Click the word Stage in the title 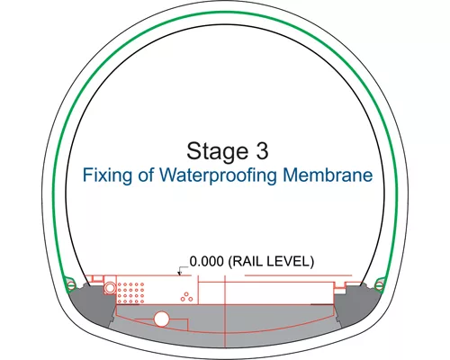tap(218, 151)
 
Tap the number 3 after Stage tap(262, 150)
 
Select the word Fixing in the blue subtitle tap(107, 175)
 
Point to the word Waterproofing tap(218, 175)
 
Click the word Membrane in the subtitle tap(328, 175)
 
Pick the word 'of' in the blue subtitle tap(146, 175)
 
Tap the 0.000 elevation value tap(207, 261)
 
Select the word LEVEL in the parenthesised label tap(291, 261)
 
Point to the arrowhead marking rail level tap(180, 274)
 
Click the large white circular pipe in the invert tap(161, 319)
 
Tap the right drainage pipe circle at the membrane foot tap(379, 285)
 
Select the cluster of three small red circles tap(186, 297)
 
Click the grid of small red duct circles tap(130, 292)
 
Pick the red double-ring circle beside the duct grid tap(110, 288)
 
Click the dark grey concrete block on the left tap(91, 303)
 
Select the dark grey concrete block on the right tap(357, 303)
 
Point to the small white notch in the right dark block tap(339, 291)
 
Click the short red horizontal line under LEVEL tap(298, 275)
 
